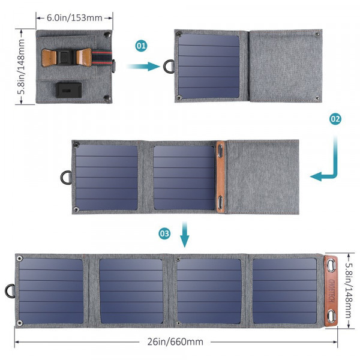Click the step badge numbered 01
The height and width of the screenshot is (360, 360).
(141, 45)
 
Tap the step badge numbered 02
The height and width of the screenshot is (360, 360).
(335, 119)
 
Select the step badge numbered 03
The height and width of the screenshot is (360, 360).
(165, 234)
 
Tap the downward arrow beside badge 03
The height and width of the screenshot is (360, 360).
(185, 235)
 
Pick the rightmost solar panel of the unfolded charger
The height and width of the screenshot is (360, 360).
(284, 290)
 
